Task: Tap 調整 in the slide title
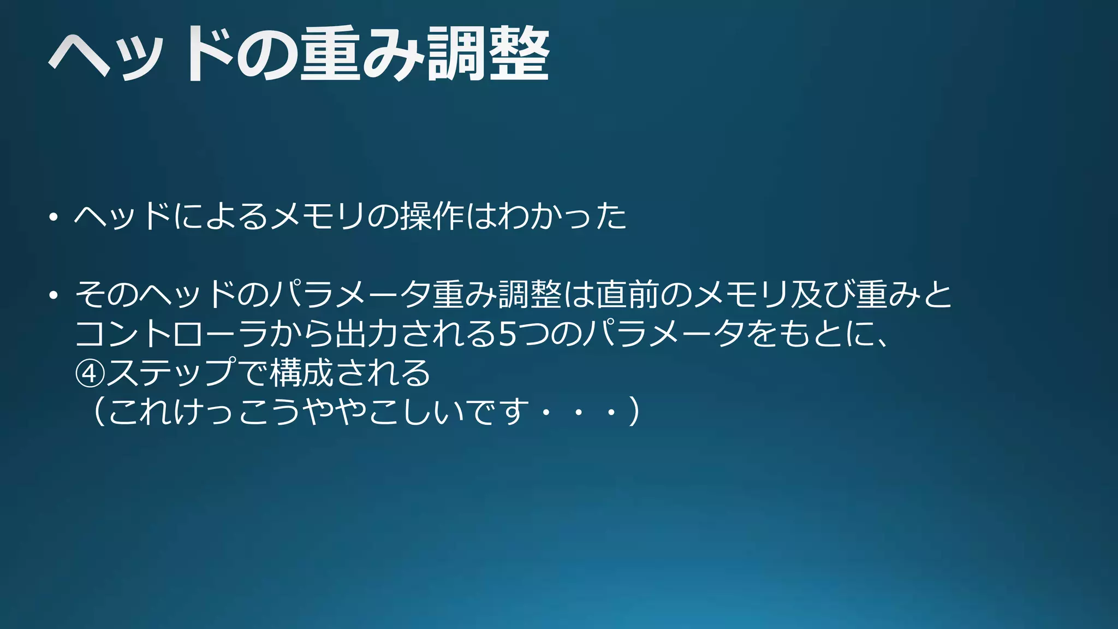point(488,55)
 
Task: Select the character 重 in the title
point(330,55)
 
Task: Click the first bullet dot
point(53,217)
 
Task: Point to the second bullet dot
point(53,295)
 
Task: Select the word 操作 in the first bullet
point(432,216)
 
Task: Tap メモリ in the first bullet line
point(317,216)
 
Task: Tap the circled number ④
point(90,373)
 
